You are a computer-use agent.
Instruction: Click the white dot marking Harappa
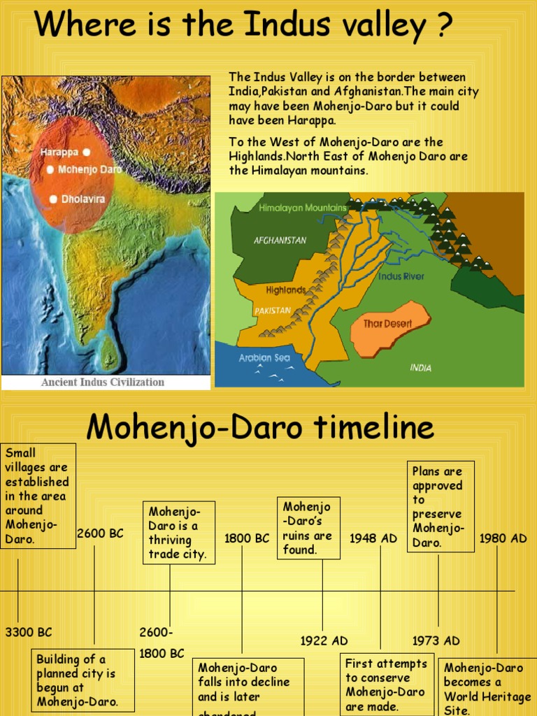click(86, 152)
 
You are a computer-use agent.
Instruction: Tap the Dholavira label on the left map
click(83, 199)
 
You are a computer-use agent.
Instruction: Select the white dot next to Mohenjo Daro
click(50, 169)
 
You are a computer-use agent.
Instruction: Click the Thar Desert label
click(387, 324)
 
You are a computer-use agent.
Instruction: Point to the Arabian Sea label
click(264, 358)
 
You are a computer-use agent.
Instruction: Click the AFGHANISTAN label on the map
click(280, 241)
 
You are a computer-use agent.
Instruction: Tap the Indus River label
click(401, 277)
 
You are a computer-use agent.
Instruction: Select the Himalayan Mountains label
click(302, 208)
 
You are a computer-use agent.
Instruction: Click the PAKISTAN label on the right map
click(272, 310)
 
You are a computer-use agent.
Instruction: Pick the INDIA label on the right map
click(421, 368)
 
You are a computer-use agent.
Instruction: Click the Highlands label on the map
click(285, 290)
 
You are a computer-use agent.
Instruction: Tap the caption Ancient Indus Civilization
click(103, 382)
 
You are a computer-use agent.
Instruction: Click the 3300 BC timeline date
click(29, 633)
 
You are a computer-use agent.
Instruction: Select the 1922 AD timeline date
click(324, 641)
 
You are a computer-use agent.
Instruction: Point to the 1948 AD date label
click(373, 538)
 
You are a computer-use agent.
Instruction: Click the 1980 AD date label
click(503, 538)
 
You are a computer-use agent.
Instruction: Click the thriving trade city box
click(179, 532)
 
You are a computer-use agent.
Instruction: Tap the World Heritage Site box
click(483, 689)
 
